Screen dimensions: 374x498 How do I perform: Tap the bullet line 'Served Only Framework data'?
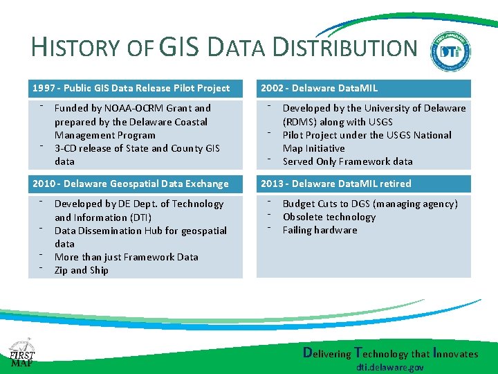[x=347, y=161]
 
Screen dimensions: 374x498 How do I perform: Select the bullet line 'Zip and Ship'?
[x=81, y=270]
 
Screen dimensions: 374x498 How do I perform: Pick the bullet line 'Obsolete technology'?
[x=329, y=217]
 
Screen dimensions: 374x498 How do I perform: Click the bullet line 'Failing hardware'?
[x=320, y=230]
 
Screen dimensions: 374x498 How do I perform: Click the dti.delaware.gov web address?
[x=391, y=367]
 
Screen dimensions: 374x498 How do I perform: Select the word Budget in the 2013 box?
[x=299, y=204]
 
